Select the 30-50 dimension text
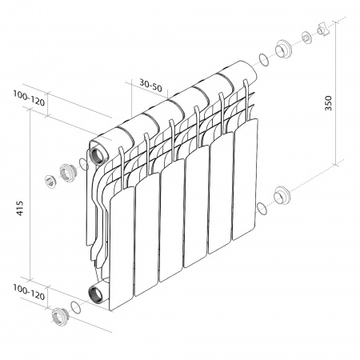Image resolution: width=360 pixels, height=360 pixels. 150,83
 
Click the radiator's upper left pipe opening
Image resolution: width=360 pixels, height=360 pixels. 97,153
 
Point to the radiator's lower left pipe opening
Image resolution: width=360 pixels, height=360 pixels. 97,291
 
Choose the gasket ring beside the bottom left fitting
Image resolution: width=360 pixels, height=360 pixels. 74,307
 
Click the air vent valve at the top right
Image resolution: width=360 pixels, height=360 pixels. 324,30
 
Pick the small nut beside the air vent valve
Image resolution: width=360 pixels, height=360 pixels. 307,38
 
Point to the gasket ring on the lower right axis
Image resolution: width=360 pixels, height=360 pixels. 262,209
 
